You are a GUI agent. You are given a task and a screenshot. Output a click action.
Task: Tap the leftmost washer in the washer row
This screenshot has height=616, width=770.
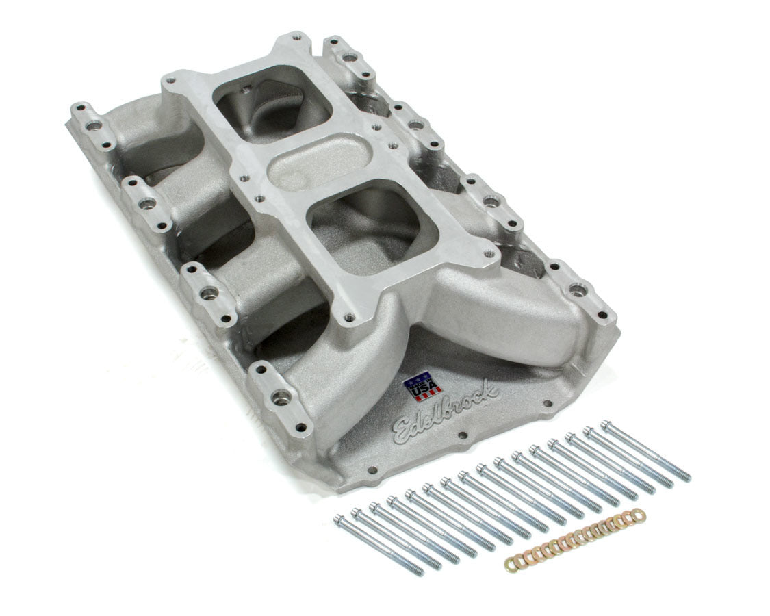pyautogui.click(x=510, y=564)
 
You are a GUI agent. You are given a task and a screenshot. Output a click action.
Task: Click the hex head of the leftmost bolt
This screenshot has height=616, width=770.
pyautogui.click(x=339, y=520)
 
